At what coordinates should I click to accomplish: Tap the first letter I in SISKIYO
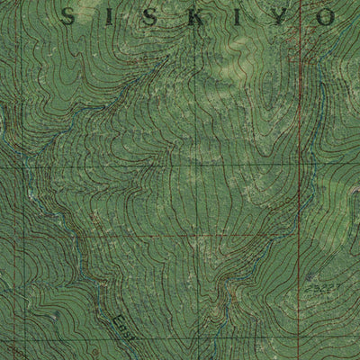102,14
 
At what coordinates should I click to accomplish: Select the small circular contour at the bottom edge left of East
94,352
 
